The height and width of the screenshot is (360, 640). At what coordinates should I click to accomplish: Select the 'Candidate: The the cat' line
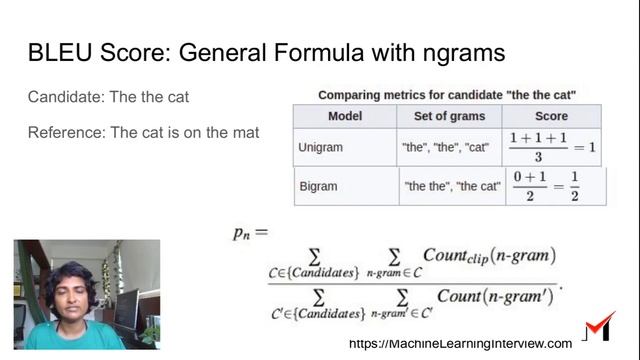[x=108, y=97]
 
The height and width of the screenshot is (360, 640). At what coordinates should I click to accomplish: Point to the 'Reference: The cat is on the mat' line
[x=143, y=132]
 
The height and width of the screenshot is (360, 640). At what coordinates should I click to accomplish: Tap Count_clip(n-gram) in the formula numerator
[x=489, y=256]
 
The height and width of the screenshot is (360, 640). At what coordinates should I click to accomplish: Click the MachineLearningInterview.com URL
[x=460, y=343]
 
